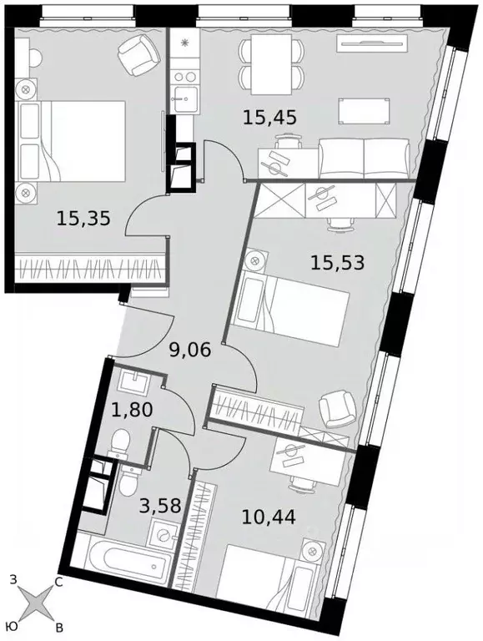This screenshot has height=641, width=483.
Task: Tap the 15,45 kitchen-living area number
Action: (270, 118)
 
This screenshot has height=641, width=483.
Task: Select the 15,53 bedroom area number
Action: (337, 263)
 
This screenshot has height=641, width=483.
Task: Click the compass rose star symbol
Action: (35, 601)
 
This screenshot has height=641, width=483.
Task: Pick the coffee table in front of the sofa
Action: (362, 109)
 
